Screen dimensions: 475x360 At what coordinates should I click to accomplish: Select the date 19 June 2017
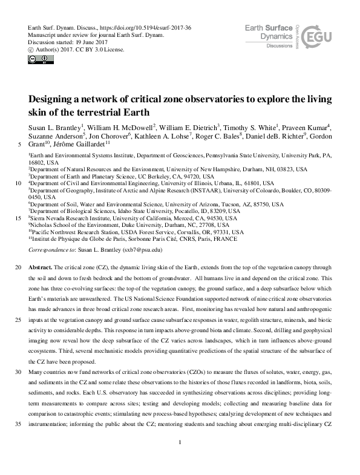(x=89, y=43)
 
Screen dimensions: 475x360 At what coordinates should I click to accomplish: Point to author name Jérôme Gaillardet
(x=82, y=143)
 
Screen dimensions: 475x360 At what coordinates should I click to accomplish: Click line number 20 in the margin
(x=17, y=267)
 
